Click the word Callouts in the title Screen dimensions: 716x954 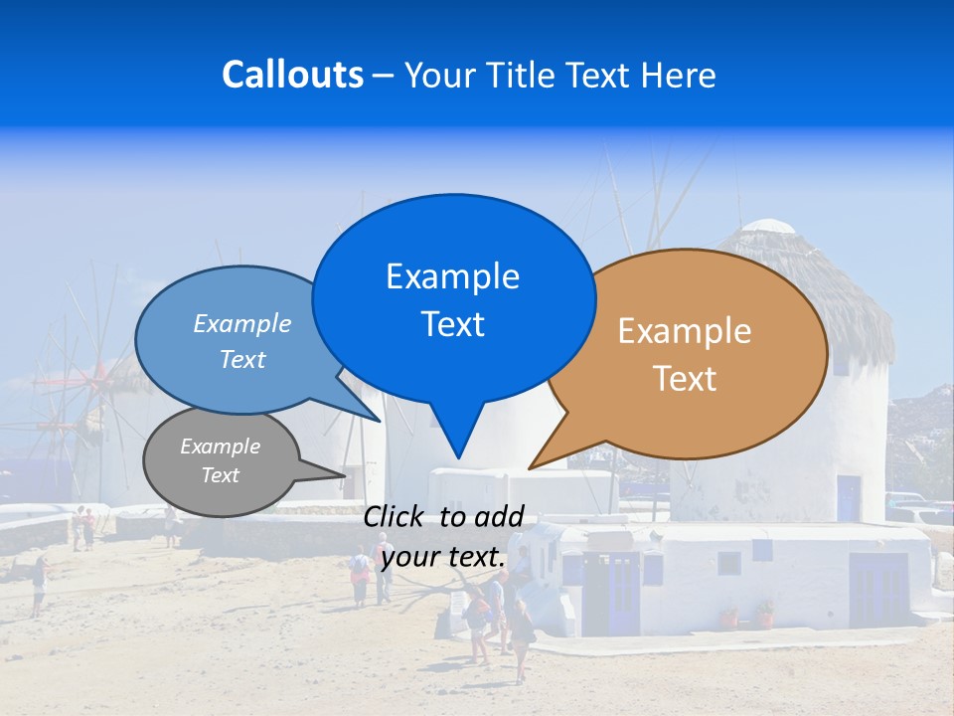coord(292,75)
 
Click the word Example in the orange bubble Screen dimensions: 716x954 coord(685,331)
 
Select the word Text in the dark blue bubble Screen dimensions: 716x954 coord(453,324)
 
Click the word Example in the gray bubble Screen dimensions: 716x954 coord(220,447)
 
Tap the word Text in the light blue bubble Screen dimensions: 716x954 coord(242,359)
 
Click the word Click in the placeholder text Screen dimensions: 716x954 coord(395,516)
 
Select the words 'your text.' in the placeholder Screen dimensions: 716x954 coord(443,557)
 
